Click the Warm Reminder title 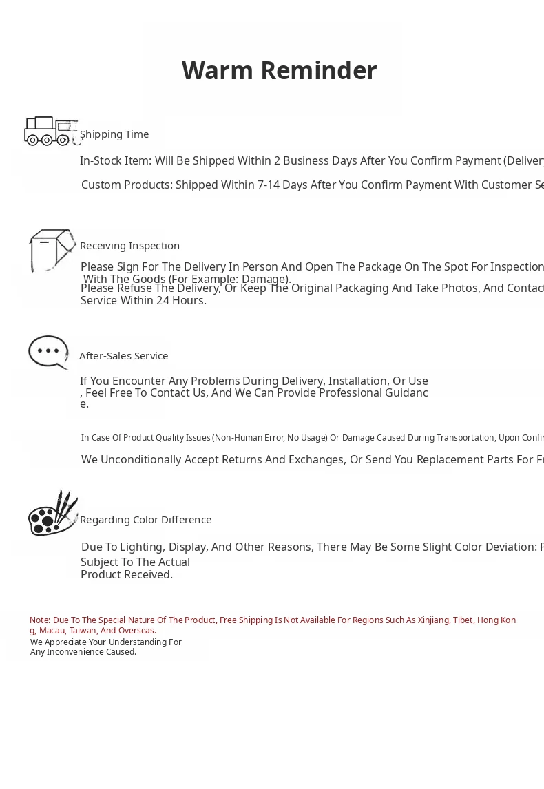click(x=279, y=70)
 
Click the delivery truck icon click(x=50, y=131)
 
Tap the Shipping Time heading click(x=114, y=134)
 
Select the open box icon click(x=51, y=251)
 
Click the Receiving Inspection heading click(x=129, y=246)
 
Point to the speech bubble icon click(x=48, y=352)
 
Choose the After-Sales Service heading click(x=123, y=356)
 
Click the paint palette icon click(x=52, y=514)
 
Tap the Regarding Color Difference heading click(x=145, y=520)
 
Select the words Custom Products click(x=127, y=185)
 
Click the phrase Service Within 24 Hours click(x=143, y=301)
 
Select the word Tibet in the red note click(x=463, y=620)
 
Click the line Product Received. click(x=127, y=575)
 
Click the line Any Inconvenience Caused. click(x=83, y=652)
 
